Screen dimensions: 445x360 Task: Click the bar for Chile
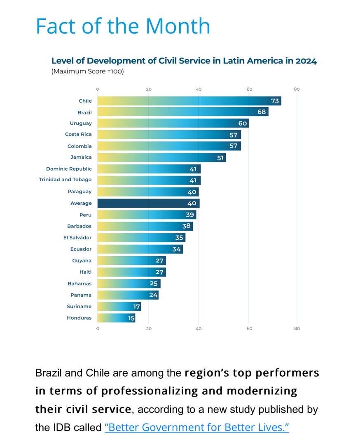[189, 101]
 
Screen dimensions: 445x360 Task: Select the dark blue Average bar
[148, 203]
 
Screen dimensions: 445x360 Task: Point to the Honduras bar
[116, 318]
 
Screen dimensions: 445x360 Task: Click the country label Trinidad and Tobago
[65, 180]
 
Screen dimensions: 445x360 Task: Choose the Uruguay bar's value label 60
[242, 123]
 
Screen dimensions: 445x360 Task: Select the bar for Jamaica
[161, 157]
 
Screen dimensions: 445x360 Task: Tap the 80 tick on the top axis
[297, 89]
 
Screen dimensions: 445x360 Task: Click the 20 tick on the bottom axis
[149, 328]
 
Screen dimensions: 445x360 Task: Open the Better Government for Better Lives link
[197, 427]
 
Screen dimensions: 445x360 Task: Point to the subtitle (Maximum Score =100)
[87, 71]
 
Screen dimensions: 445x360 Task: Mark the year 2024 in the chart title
[306, 61]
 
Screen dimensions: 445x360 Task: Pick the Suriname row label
[79, 307]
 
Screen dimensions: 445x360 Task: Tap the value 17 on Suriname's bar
[136, 307]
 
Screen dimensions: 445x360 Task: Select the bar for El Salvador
[141, 238]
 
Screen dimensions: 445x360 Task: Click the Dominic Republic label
[69, 169]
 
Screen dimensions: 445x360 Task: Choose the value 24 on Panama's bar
[153, 295]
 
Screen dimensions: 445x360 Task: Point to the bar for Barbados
[145, 226]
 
